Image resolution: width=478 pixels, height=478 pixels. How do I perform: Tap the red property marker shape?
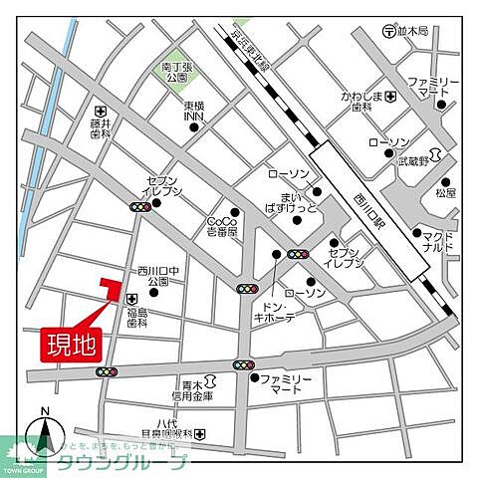tap(108, 287)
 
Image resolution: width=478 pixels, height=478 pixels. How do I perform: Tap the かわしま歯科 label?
tap(360, 103)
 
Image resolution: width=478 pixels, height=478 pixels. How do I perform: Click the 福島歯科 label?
tap(135, 318)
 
